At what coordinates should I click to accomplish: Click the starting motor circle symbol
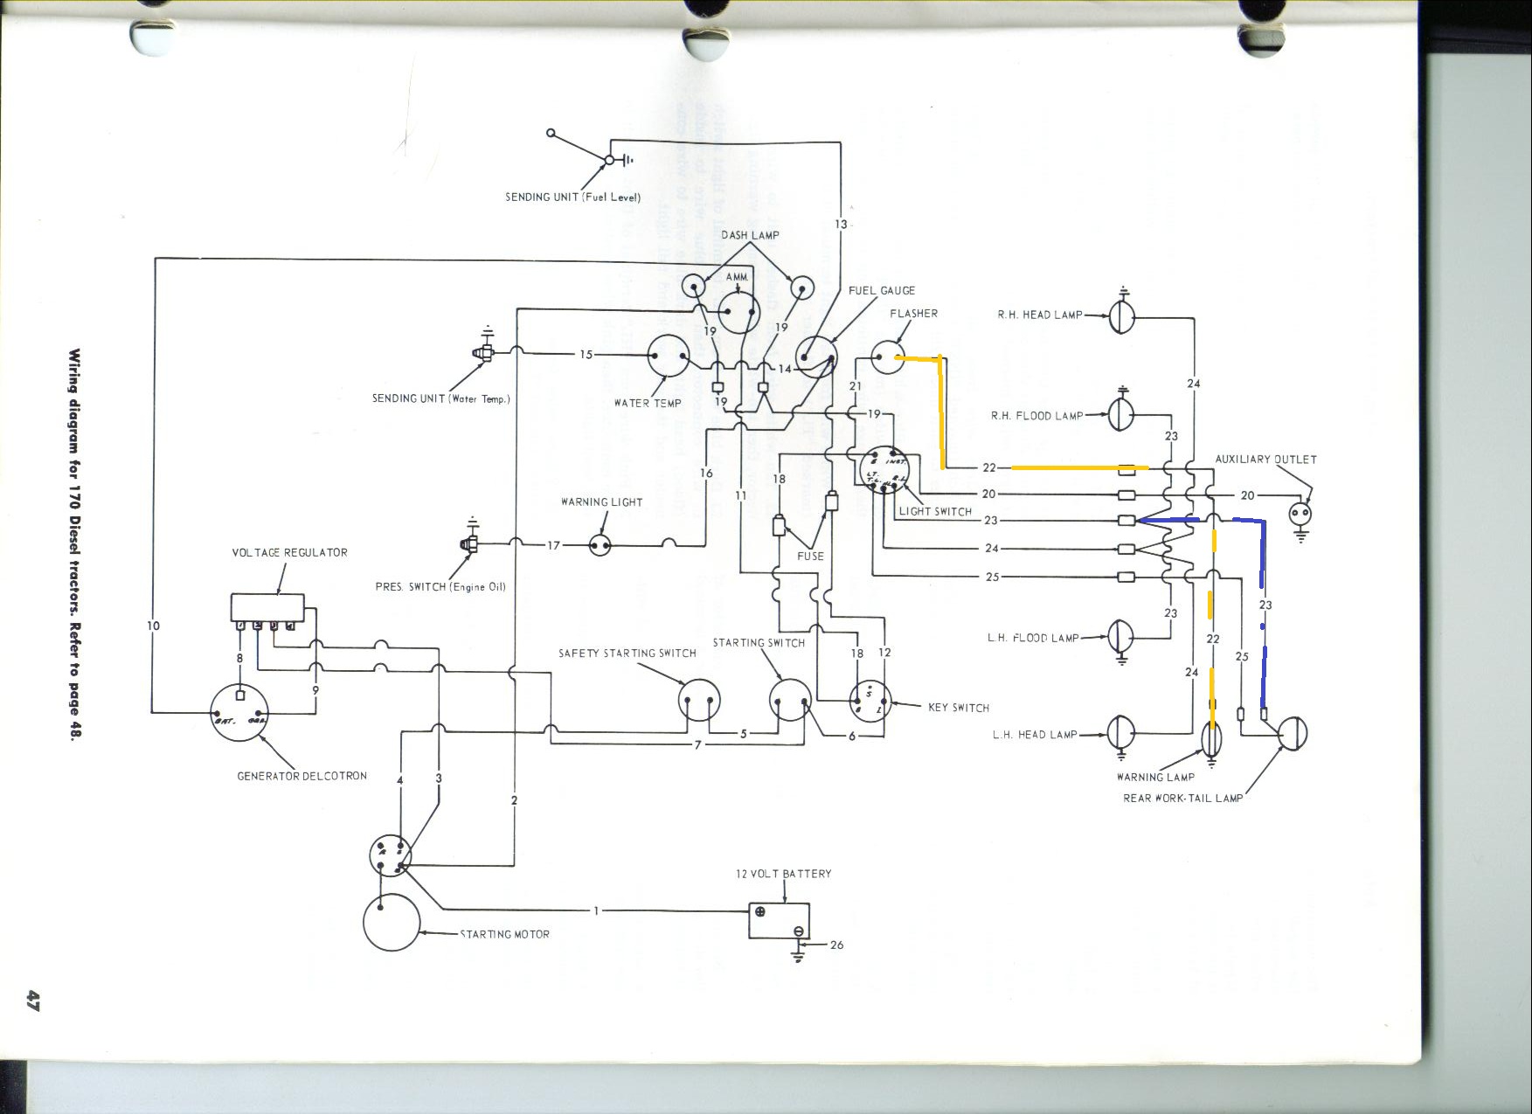pos(392,922)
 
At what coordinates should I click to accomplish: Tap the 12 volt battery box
pos(779,921)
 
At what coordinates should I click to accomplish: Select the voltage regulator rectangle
pos(267,607)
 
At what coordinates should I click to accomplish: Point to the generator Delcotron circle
pos(239,712)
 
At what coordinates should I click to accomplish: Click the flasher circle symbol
pos(888,357)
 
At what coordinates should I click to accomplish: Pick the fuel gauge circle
pos(816,357)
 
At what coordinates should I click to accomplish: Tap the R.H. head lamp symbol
pos(1122,316)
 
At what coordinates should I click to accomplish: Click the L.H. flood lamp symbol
pos(1120,637)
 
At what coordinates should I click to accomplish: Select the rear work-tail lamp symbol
pos(1293,733)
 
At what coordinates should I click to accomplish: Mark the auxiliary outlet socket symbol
pos(1300,514)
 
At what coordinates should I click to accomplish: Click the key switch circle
pos(870,701)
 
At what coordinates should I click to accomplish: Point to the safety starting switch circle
pos(699,700)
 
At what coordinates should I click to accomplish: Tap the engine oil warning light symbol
pos(600,545)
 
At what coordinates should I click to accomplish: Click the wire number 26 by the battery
pos(836,944)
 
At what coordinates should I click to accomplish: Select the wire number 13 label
pos(841,225)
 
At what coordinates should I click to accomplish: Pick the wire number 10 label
pos(154,625)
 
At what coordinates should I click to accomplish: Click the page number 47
pos(33,1000)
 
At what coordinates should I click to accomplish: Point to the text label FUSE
pos(810,556)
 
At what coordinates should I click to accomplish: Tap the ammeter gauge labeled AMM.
pos(739,312)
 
